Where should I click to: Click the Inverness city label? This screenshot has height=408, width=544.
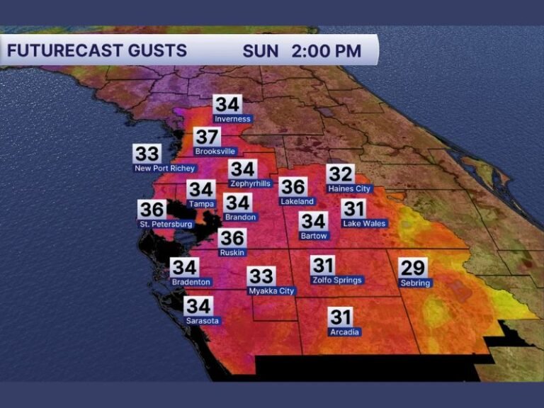pyautogui.click(x=232, y=119)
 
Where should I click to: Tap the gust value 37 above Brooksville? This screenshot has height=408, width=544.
pyautogui.click(x=208, y=137)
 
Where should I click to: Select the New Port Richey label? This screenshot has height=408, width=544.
pyautogui.click(x=164, y=169)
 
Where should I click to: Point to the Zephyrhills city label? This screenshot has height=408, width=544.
pyautogui.click(x=249, y=183)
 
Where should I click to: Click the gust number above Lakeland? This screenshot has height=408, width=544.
pyautogui.click(x=293, y=187)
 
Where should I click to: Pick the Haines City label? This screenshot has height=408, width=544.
pyautogui.click(x=349, y=189)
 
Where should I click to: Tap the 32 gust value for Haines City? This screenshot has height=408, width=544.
pyautogui.click(x=340, y=174)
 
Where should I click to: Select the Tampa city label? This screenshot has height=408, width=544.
pyautogui.click(x=201, y=204)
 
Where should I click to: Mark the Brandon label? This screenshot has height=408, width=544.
pyautogui.click(x=240, y=217)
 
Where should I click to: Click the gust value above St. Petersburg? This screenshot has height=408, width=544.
pyautogui.click(x=152, y=210)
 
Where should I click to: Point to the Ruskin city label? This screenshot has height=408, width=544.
pyautogui.click(x=232, y=252)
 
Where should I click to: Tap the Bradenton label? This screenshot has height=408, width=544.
pyautogui.click(x=191, y=282)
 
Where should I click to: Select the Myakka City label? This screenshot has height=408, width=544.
pyautogui.click(x=271, y=291)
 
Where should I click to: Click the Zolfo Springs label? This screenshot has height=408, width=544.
pyautogui.click(x=337, y=280)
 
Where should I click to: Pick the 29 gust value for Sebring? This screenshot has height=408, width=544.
pyautogui.click(x=413, y=267)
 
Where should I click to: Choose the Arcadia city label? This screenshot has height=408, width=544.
pyautogui.click(x=345, y=331)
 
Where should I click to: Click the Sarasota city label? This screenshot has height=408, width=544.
pyautogui.click(x=203, y=321)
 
